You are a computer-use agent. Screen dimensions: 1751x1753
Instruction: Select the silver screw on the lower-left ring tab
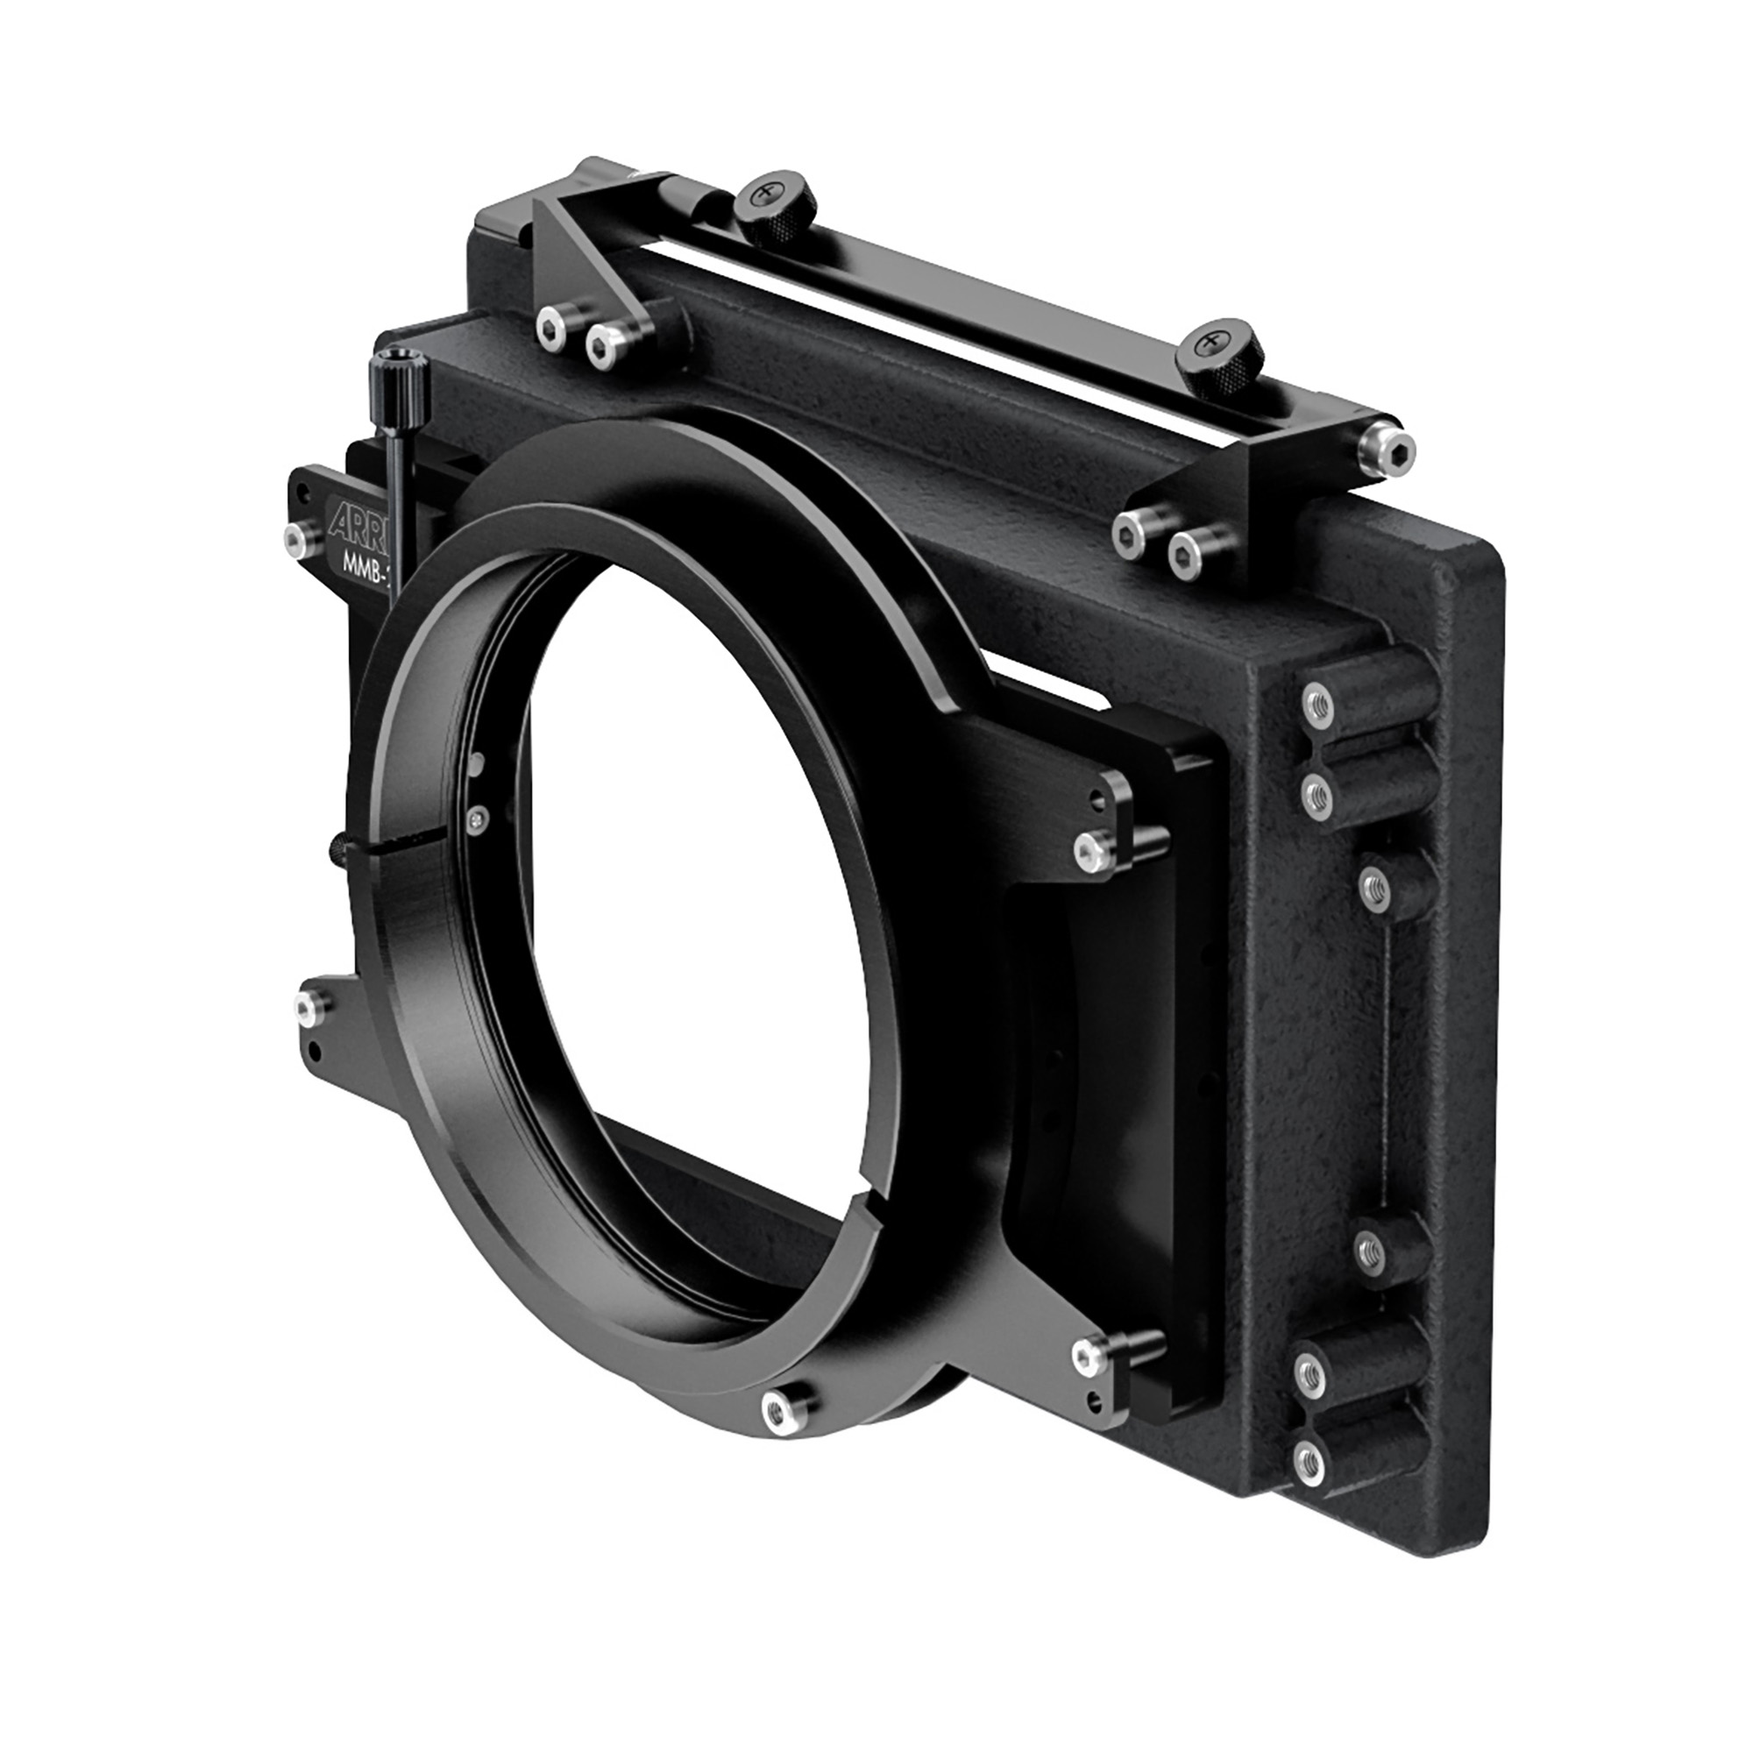tap(310, 1003)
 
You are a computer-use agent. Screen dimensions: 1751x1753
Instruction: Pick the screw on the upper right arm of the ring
tap(1089, 850)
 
